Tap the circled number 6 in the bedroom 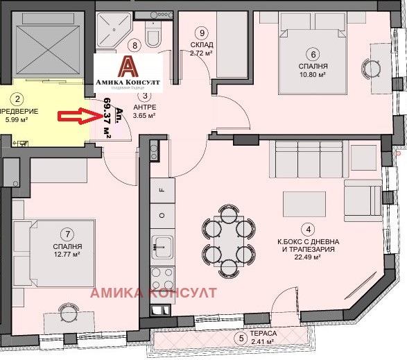tap(313, 55)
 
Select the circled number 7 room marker tap(67, 234)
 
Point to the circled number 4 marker tap(306, 228)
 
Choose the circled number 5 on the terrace tap(241, 338)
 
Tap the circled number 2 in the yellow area tap(19, 100)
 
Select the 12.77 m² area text tap(67, 255)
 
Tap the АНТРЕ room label tap(144, 107)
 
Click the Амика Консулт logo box tap(128, 71)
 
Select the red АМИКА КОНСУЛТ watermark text tap(153, 293)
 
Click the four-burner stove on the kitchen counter tap(162, 279)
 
